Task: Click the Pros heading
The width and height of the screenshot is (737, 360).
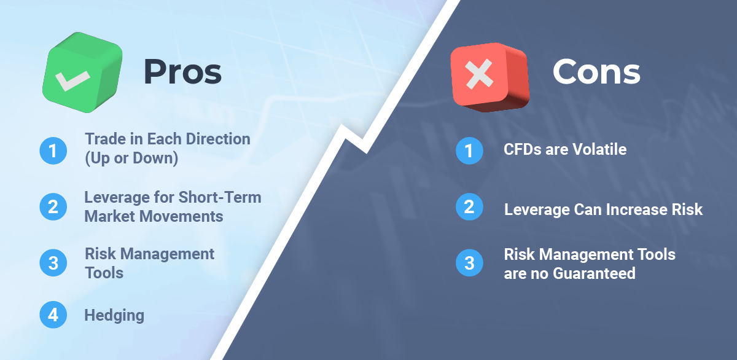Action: [182, 72]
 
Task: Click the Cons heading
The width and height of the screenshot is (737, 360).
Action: [596, 72]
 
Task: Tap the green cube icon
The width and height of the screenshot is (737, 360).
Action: [82, 72]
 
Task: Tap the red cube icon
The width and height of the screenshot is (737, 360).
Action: [490, 77]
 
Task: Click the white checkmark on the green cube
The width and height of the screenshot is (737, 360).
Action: [72, 80]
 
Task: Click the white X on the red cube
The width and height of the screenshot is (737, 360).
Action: [480, 74]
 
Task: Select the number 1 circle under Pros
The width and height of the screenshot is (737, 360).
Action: [53, 151]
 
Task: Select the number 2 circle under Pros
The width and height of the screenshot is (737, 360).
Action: [53, 206]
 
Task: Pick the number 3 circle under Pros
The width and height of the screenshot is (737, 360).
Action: [53, 263]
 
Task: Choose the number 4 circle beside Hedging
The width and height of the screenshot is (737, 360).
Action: [53, 315]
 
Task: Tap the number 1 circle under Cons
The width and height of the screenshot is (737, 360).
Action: [469, 151]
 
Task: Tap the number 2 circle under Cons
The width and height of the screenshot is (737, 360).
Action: [469, 206]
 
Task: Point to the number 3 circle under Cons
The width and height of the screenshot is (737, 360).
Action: [469, 263]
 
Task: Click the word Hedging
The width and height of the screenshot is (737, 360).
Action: [114, 316]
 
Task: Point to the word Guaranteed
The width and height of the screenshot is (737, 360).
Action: [595, 273]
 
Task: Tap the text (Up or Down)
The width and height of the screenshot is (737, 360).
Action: [131, 158]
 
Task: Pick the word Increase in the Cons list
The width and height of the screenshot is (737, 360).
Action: [635, 209]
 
